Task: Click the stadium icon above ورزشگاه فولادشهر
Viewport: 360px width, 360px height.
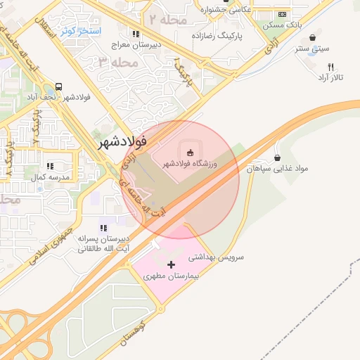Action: pos(189,152)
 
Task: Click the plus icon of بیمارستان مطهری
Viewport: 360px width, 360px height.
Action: pos(172,264)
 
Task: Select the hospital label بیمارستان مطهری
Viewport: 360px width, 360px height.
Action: pos(172,276)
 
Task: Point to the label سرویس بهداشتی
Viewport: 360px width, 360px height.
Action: pos(215,258)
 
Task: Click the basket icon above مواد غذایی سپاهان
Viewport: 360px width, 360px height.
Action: pos(278,157)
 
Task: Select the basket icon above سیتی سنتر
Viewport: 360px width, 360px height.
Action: pos(312,38)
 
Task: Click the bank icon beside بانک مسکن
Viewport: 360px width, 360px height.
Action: pos(283,13)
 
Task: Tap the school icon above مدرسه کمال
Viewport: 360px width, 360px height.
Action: pos(50,166)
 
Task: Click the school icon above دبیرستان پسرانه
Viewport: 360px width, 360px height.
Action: pos(103,228)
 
